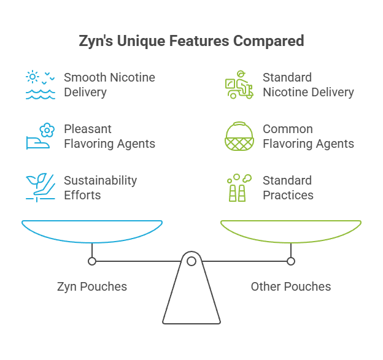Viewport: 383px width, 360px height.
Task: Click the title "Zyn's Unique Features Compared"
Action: click(191, 42)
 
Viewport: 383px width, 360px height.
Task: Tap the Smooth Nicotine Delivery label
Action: click(109, 85)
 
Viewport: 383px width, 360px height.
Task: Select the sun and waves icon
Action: click(41, 85)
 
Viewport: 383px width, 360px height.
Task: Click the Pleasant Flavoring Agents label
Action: click(109, 137)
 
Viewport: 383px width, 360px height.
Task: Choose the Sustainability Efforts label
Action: click(100, 188)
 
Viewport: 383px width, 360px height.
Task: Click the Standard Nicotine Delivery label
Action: click(308, 85)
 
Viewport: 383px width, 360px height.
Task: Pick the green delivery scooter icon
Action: click(238, 85)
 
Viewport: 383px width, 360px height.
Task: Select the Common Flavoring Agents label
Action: click(308, 137)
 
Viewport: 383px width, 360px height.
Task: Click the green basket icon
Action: click(238, 137)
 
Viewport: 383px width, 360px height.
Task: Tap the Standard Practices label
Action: click(287, 188)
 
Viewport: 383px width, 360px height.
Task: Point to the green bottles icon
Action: click(238, 188)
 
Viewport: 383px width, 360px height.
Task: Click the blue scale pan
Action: click(92, 232)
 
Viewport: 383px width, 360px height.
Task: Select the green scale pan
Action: click(291, 232)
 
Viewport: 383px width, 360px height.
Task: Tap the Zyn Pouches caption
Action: click(92, 286)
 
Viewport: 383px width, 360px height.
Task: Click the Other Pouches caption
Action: click(291, 286)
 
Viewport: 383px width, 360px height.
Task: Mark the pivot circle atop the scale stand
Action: click(191, 261)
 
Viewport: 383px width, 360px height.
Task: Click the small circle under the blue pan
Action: click(92, 261)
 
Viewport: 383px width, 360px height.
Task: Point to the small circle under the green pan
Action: click(291, 261)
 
